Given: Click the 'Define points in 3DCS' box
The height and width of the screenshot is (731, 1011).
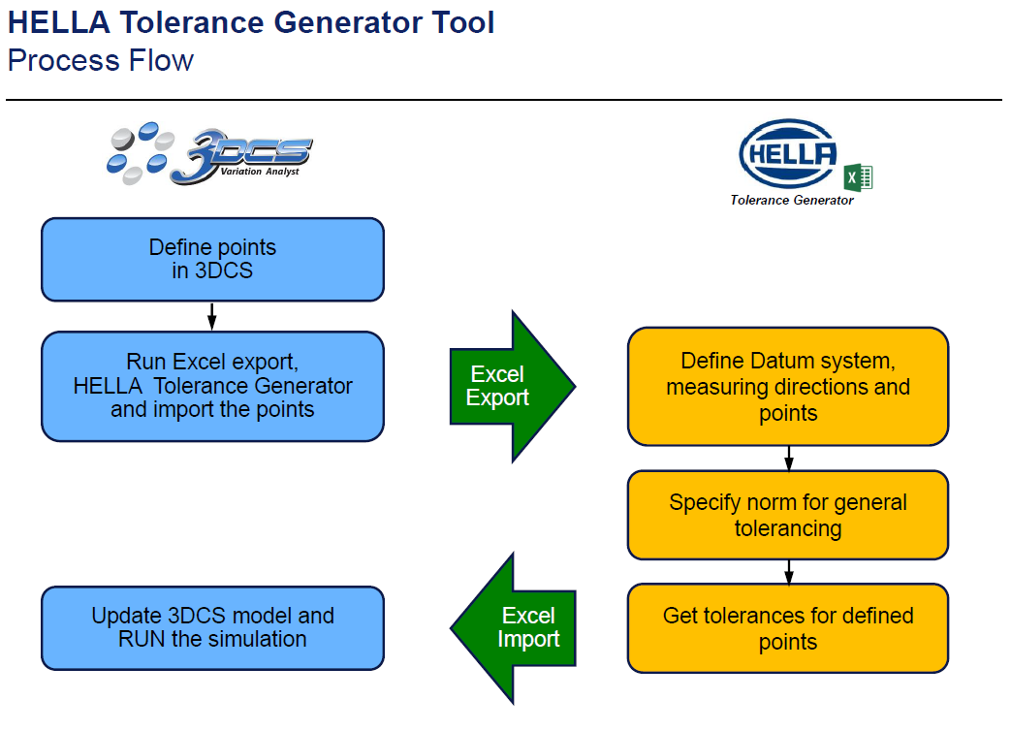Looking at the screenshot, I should pyautogui.click(x=212, y=259).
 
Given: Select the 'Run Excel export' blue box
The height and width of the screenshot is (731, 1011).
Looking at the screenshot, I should pyautogui.click(x=212, y=386).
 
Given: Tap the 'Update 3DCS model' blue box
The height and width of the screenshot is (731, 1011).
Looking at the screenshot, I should pyautogui.click(x=212, y=627).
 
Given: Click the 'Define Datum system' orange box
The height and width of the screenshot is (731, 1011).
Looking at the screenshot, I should pyautogui.click(x=787, y=387).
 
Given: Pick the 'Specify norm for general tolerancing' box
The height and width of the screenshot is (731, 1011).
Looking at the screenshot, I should pyautogui.click(x=787, y=515).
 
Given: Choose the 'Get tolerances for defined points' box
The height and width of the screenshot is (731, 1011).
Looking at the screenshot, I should pyautogui.click(x=787, y=628).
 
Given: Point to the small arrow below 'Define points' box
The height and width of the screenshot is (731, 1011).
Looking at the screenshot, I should pyautogui.click(x=212, y=316).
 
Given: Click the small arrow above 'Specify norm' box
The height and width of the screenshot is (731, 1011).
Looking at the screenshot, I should pyautogui.click(x=789, y=458).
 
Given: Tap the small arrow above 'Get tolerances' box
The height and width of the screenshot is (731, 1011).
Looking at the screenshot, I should pyautogui.click(x=789, y=571).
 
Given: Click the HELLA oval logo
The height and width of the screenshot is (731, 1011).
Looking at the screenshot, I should pyautogui.click(x=788, y=154).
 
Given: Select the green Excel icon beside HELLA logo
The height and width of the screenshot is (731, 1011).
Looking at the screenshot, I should pyautogui.click(x=859, y=177).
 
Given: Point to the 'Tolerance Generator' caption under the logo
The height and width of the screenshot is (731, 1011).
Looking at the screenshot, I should pyautogui.click(x=792, y=201).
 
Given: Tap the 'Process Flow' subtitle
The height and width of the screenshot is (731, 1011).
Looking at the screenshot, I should pyautogui.click(x=100, y=60).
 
